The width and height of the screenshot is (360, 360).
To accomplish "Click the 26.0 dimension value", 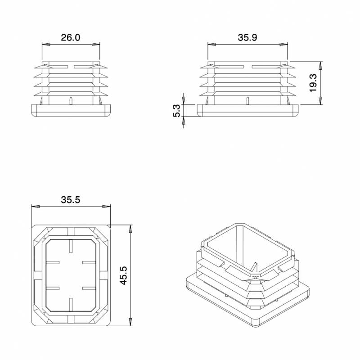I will click(71, 38).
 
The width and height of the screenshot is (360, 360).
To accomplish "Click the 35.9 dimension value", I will click(247, 38).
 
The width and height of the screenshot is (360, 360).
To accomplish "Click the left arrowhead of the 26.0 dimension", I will click(45, 44).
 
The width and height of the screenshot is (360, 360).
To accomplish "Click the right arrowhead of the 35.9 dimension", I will click(285, 44).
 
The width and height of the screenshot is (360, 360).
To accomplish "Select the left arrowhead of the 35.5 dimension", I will click(34, 207).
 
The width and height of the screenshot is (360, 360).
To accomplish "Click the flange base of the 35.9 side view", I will click(247, 110).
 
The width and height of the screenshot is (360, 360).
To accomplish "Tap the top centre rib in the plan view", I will click(71, 245).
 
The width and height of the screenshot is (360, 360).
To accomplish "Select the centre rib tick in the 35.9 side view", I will click(247, 100).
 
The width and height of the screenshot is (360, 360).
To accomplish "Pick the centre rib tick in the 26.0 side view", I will click(71, 100).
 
